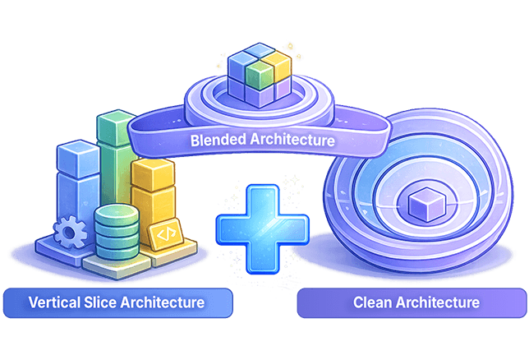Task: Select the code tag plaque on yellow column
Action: (164, 234)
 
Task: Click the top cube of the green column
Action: (115, 125)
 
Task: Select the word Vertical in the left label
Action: (53, 302)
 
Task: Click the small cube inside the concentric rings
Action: (425, 202)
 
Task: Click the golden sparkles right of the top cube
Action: (289, 48)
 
